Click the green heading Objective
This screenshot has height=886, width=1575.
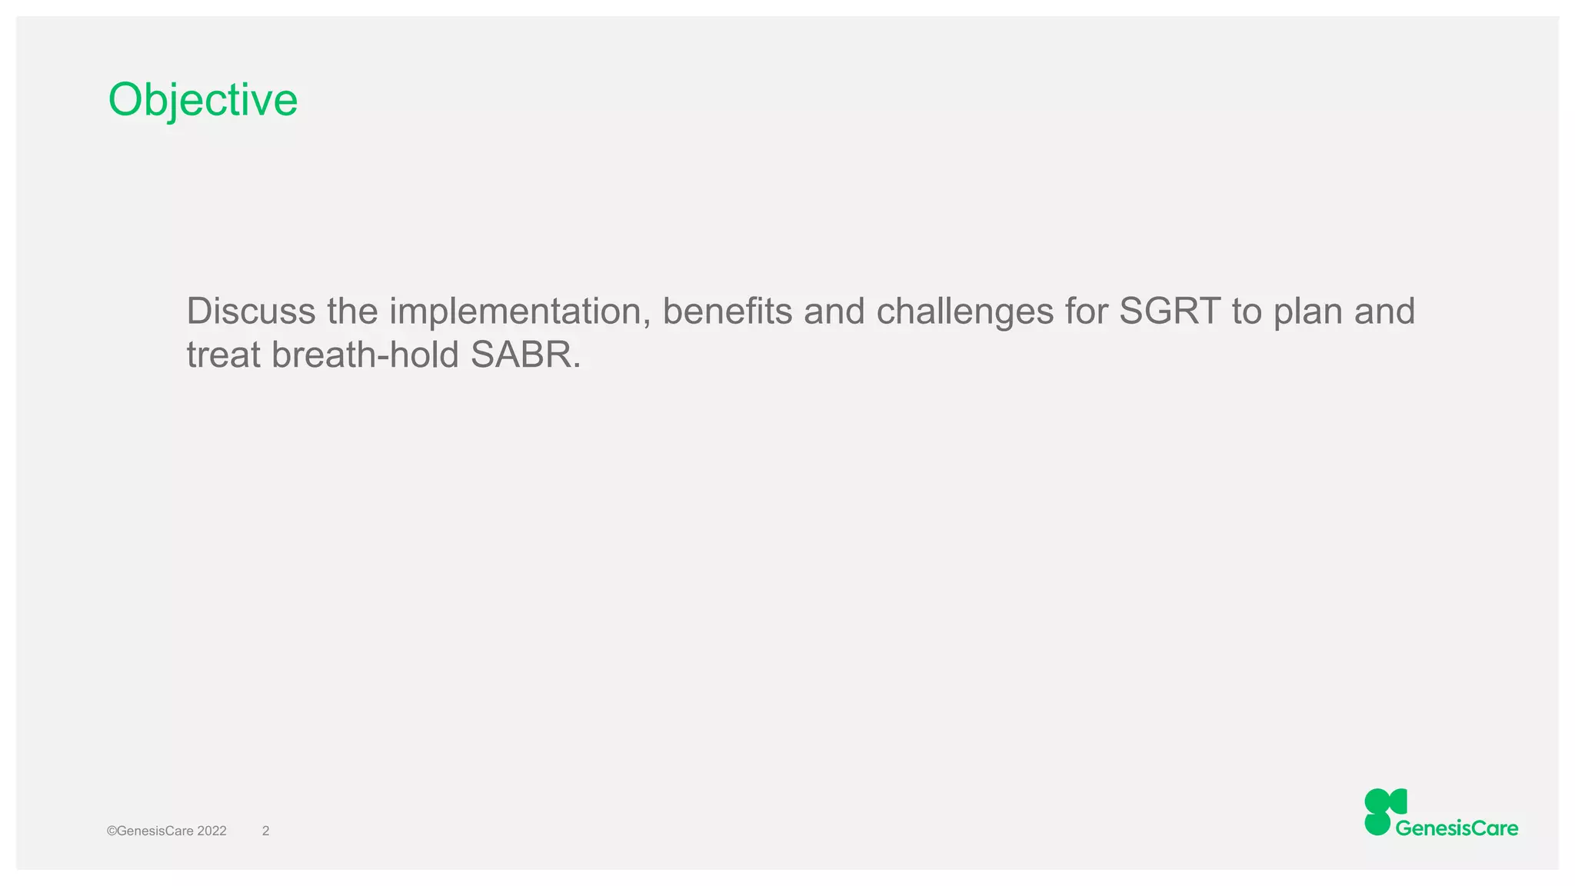tap(202, 100)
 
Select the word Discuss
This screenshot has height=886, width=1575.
tap(251, 311)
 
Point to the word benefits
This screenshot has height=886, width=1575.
tap(727, 311)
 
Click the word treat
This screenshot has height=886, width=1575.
tap(224, 355)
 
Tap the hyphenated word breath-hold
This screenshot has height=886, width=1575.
tap(365, 355)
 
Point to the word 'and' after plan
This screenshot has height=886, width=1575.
tap(1384, 311)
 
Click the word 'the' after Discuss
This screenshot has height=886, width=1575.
tap(352, 311)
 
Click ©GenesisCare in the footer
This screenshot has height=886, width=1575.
tap(150, 831)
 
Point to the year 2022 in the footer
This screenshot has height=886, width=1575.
tap(211, 831)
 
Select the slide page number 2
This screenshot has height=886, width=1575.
tap(265, 831)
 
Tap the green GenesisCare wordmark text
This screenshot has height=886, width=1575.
tap(1457, 828)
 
